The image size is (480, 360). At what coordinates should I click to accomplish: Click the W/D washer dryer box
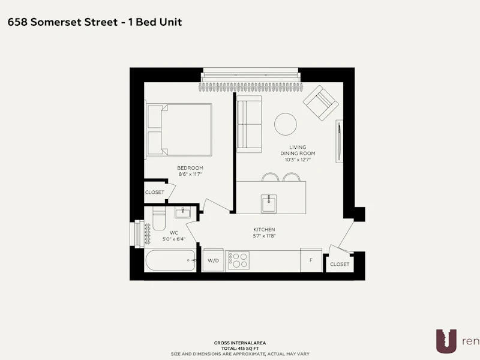coord(213,260)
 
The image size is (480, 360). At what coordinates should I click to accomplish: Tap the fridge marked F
coord(311,260)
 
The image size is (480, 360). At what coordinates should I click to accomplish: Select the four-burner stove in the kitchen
coord(239,260)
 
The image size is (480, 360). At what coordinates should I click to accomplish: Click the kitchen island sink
coord(269,204)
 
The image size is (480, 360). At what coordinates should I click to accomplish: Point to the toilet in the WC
coord(159,218)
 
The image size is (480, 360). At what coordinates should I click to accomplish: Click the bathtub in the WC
coord(170,260)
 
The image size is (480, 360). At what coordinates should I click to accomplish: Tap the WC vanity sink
coord(182,212)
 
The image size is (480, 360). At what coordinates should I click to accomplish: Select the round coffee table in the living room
coord(286,124)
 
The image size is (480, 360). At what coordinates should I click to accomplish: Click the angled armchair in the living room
coord(321,103)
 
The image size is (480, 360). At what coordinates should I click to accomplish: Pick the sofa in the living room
coord(249,124)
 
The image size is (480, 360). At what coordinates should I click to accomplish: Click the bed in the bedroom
coord(179,130)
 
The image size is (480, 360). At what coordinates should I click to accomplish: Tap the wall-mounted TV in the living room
coord(339,141)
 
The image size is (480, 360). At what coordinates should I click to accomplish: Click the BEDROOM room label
coord(190,168)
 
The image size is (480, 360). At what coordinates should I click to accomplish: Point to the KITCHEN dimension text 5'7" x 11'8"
coord(265,236)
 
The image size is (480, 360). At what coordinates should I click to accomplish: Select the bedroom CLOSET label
coord(155,192)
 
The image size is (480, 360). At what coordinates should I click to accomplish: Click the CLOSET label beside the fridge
coord(340,264)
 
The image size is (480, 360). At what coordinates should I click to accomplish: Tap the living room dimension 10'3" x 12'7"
coord(298,160)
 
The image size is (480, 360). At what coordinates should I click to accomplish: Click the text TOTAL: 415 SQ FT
coord(240,349)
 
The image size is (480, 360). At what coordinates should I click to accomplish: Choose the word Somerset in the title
coord(74,22)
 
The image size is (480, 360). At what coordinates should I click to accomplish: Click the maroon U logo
coord(446,341)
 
